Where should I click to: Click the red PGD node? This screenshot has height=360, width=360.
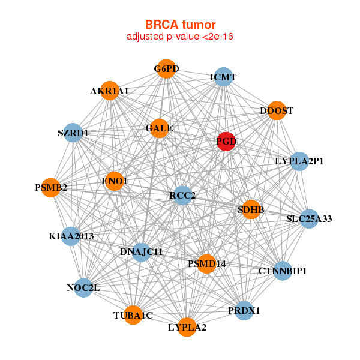pos(226,142)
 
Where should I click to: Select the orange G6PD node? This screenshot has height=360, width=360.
pos(166,69)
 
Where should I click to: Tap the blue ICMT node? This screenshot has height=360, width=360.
pos(223,77)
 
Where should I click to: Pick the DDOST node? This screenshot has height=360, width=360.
pos(276,110)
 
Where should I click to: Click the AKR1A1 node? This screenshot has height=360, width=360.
pos(110,91)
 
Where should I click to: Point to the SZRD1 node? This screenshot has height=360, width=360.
pos(73,133)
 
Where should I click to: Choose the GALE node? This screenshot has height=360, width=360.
pos(159,128)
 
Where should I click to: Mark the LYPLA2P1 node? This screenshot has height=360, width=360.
pos(299,161)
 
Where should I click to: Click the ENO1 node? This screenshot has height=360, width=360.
pos(114,181)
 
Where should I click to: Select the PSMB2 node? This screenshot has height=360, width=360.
pos(51,188)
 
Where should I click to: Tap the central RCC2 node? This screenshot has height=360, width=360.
pos(182,195)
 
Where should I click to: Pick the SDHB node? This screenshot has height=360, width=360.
pos(251,209)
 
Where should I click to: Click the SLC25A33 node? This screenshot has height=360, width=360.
pos(308,219)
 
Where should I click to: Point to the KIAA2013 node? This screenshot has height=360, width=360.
pos(71,236)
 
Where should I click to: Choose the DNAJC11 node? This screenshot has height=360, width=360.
pos(142,251)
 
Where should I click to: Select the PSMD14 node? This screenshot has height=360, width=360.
pos(206,263)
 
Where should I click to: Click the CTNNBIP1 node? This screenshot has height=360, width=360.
pos(283,271)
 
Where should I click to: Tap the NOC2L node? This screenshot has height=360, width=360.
pos(83,288)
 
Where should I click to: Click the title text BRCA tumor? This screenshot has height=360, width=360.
pos(180,25)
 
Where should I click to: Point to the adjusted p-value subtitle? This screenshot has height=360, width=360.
pos(180,37)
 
